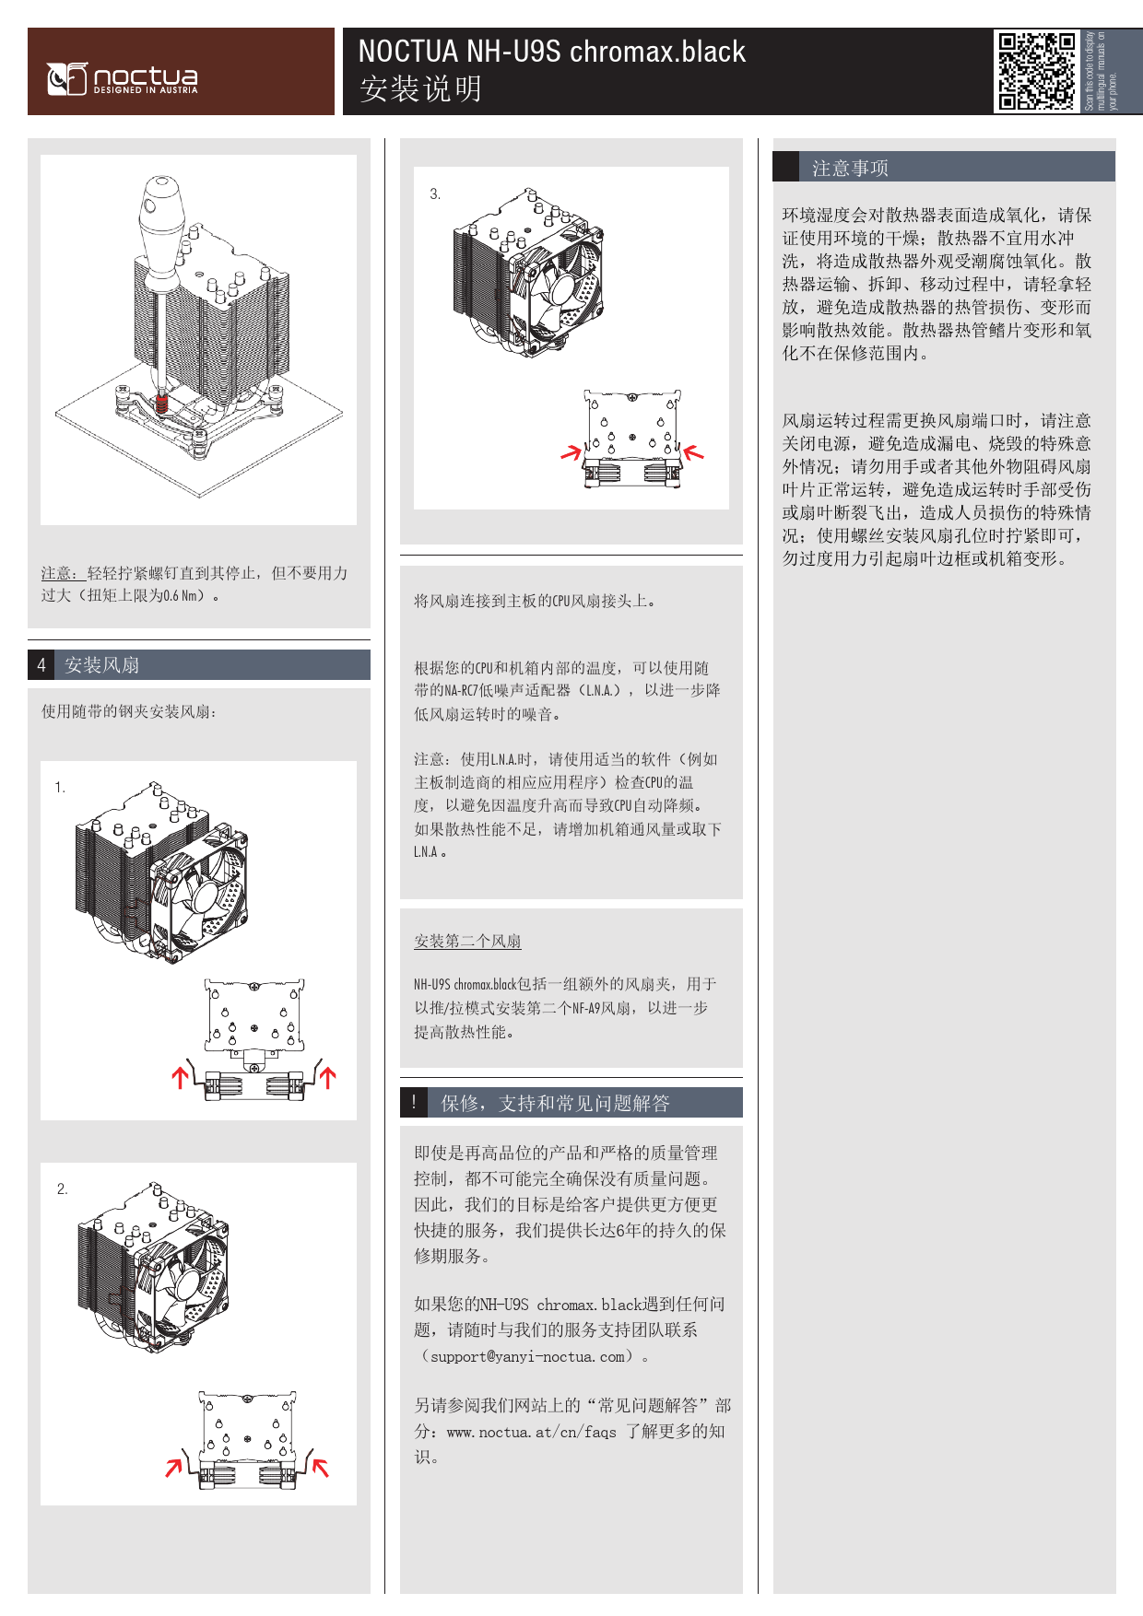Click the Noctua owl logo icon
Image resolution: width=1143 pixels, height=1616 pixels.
point(66,79)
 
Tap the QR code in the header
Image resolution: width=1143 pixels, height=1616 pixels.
point(1037,71)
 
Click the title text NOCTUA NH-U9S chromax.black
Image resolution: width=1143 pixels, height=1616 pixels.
point(551,52)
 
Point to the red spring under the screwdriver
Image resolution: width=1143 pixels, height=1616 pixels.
point(162,403)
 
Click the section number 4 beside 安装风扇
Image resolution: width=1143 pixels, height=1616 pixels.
point(41,664)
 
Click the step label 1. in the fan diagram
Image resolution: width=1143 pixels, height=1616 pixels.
point(60,787)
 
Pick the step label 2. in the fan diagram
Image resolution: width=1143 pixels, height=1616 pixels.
point(62,1189)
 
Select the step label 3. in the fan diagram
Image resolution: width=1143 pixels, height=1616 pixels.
point(435,193)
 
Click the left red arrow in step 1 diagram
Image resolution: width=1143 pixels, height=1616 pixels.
point(181,1077)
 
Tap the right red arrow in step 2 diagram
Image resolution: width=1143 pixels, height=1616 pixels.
point(319,1466)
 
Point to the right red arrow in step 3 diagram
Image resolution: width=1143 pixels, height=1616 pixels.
point(693,451)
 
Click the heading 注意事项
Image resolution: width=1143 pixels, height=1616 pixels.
point(850,168)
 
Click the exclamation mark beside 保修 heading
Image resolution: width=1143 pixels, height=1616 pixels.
point(414,1102)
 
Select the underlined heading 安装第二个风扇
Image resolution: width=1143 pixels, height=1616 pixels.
point(467,941)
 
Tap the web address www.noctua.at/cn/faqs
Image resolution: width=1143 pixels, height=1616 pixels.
point(531,1432)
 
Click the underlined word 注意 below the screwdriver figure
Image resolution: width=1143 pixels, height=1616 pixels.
point(56,573)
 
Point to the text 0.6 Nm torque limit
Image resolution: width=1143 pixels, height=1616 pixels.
point(181,595)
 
